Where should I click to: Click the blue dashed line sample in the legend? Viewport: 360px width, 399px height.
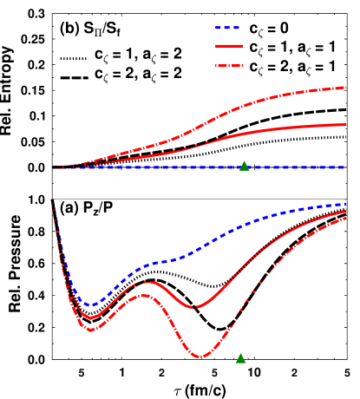tap(229, 28)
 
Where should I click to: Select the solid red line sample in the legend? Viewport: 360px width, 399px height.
tap(229, 46)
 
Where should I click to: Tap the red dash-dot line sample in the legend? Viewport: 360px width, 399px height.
tap(229, 66)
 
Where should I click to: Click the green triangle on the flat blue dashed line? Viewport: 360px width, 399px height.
tap(244, 166)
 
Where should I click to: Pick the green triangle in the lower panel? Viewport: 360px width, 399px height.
tap(240, 358)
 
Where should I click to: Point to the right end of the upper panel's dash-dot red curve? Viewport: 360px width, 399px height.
tap(346, 87)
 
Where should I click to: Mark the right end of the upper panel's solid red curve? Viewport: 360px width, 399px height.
tap(346, 125)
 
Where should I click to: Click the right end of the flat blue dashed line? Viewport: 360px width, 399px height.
tap(346, 167)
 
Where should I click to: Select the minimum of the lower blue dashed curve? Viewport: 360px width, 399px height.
tap(89, 305)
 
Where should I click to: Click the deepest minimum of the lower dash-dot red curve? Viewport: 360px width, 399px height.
tap(200, 356)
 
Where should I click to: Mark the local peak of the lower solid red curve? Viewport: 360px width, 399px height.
tap(147, 282)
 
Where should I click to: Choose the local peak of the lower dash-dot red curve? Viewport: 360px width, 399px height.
tap(142, 296)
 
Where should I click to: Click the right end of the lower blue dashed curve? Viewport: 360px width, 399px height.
tap(346, 204)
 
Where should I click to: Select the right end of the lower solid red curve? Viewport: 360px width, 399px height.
tap(346, 211)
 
